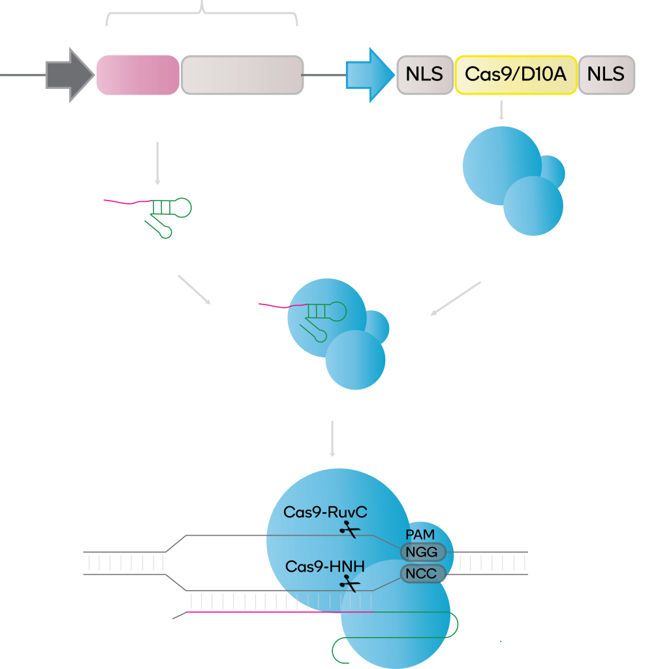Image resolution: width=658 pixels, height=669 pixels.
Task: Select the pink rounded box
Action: point(138,75)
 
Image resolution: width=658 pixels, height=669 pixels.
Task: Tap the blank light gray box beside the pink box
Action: point(242,75)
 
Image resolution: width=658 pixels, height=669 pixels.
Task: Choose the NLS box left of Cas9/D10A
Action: point(425,75)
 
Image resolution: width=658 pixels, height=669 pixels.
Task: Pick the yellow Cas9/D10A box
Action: point(516,75)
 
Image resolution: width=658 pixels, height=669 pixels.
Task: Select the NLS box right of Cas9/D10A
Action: point(606,75)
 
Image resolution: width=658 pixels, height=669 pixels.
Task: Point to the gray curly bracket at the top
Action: point(202,12)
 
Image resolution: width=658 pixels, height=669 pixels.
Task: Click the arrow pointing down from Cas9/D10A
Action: point(501,110)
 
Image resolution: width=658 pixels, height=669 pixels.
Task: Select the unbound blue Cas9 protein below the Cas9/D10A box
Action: point(514,181)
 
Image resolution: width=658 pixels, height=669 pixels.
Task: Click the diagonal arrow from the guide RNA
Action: point(195,289)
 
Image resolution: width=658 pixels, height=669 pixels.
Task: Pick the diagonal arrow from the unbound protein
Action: point(456,299)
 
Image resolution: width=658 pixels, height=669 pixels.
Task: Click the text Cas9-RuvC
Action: point(325,512)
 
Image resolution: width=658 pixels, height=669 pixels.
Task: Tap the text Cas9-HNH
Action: point(324,566)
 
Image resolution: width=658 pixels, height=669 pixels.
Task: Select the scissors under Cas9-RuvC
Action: point(350,530)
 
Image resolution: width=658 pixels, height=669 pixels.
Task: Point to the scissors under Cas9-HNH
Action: point(350,583)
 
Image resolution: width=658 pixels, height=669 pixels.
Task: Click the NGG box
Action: point(423,552)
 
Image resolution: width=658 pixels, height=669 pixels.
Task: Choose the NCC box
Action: point(423,574)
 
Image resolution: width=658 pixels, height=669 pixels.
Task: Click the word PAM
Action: point(420,534)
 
